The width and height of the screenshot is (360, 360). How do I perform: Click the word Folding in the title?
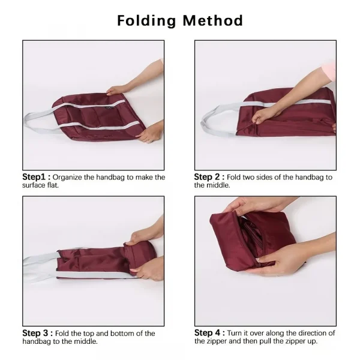[x=146, y=20]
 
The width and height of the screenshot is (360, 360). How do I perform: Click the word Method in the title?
[x=212, y=20]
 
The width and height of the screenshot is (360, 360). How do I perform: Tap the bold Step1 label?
[x=36, y=178]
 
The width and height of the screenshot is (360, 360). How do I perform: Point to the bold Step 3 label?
[x=38, y=333]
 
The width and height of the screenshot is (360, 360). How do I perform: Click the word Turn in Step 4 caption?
[x=238, y=333]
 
